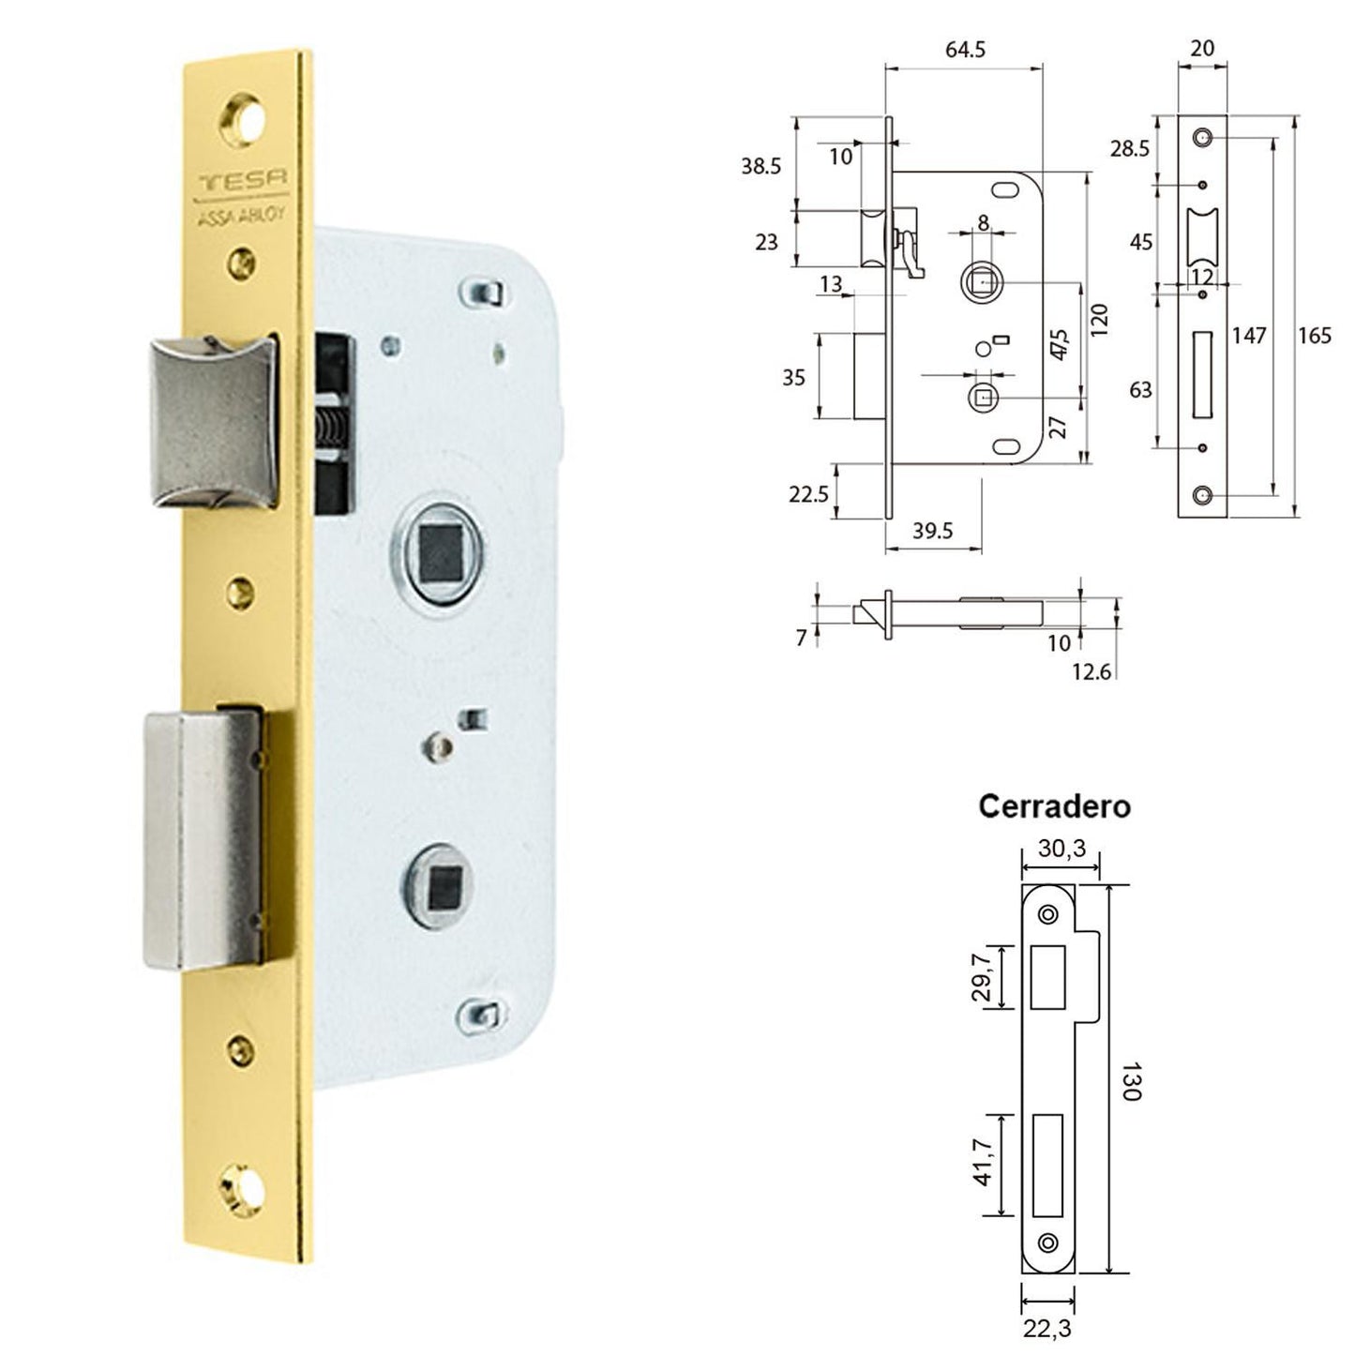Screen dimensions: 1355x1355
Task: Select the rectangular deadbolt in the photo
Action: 202,836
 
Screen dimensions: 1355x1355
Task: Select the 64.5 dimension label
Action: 965,50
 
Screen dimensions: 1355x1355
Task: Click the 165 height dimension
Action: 1315,335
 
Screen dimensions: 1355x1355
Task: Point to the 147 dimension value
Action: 1249,335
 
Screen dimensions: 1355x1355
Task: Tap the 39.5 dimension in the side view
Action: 932,531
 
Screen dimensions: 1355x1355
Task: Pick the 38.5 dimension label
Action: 760,167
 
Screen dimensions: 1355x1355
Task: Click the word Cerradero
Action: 1054,806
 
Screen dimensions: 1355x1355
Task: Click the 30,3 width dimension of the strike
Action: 1061,849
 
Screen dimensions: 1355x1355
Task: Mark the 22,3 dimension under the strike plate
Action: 1048,1328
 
